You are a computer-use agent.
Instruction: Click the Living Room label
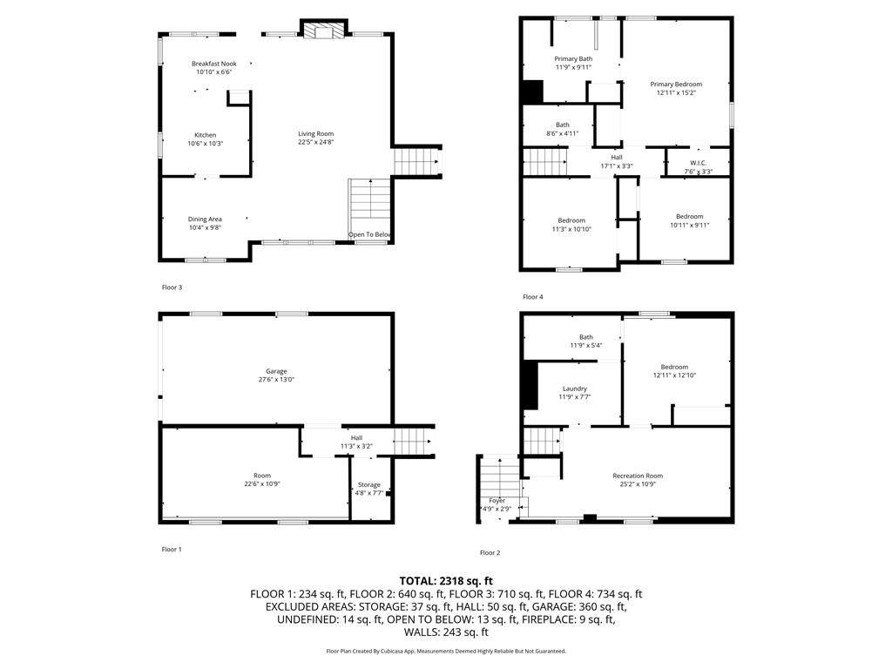(x=316, y=133)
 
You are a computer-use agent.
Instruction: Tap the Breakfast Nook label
(x=214, y=64)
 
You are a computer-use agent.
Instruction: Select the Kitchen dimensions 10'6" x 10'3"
(x=206, y=143)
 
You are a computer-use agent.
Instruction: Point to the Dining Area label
(x=206, y=219)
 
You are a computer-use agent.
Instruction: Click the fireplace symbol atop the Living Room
(x=323, y=31)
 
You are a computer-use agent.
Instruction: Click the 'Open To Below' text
(x=370, y=235)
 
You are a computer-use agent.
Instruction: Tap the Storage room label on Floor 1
(x=369, y=484)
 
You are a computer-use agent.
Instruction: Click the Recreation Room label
(x=638, y=476)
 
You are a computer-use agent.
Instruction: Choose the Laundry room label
(x=574, y=389)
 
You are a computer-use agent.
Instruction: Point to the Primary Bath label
(x=573, y=58)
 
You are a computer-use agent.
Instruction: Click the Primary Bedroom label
(x=676, y=84)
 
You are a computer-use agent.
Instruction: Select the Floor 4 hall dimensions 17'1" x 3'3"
(x=617, y=166)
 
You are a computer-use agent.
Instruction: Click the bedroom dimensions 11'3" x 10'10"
(x=571, y=229)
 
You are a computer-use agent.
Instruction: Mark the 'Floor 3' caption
(x=172, y=287)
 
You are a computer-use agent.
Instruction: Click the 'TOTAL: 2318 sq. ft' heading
(x=446, y=580)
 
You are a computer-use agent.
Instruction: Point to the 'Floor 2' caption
(x=490, y=552)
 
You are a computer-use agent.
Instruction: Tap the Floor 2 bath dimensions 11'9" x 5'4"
(x=586, y=346)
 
